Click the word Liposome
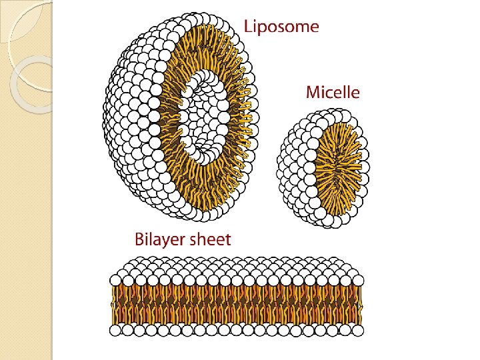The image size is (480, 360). pyautogui.click(x=281, y=27)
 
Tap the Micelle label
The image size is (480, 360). pyautogui.click(x=333, y=92)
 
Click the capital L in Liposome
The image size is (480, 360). pyautogui.click(x=248, y=27)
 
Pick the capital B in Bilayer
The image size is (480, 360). pyautogui.click(x=140, y=239)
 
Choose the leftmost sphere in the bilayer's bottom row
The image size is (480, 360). pyautogui.click(x=116, y=330)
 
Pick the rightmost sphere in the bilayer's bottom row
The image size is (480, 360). pyautogui.click(x=357, y=329)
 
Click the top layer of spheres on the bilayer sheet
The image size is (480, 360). pyautogui.click(x=237, y=270)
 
